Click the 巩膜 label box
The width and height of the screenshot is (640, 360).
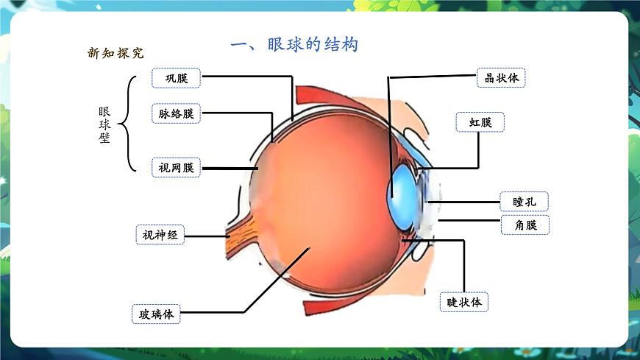[x=176, y=77]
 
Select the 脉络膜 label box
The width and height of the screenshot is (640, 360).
[x=176, y=113]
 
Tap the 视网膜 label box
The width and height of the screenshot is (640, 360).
[x=176, y=168]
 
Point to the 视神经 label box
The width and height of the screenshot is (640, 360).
[x=160, y=235]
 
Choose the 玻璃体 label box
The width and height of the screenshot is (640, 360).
[x=156, y=314]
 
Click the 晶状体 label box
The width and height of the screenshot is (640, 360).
[x=502, y=77]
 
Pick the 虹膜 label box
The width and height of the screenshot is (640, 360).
[x=480, y=122]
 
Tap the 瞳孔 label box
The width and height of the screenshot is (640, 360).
[x=525, y=201]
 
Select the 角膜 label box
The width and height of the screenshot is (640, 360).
[x=525, y=225]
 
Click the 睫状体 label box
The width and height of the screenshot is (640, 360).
[x=464, y=302]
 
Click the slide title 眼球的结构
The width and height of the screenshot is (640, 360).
[x=294, y=45]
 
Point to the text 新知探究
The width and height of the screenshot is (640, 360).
[x=115, y=53]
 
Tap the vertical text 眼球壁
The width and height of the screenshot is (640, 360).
[x=104, y=124]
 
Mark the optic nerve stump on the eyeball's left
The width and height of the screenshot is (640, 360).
[x=237, y=235]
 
